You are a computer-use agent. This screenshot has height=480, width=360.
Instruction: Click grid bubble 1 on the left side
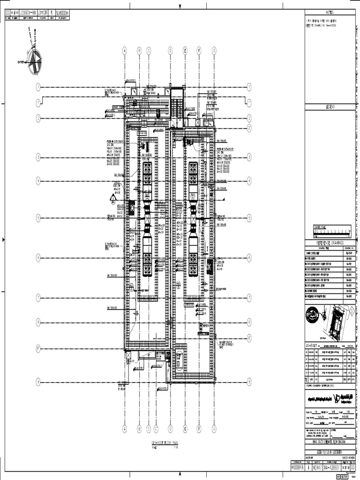coord(38,87)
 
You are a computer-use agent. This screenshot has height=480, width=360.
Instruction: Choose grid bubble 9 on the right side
coord(249,382)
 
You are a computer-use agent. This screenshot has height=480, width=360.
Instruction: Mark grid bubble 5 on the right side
coord(249,217)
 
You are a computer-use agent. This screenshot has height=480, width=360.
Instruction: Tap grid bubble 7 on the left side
coord(38,298)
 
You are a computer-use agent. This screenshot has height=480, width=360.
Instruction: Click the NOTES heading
coord(330,12)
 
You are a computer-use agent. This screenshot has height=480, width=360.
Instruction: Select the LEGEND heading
coord(330,107)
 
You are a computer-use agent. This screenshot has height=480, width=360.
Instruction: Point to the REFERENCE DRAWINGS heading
coord(330,243)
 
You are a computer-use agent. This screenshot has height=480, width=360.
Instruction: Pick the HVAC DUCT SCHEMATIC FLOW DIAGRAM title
coord(330,442)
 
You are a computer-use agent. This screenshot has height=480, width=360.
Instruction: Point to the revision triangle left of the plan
coord(113,199)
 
